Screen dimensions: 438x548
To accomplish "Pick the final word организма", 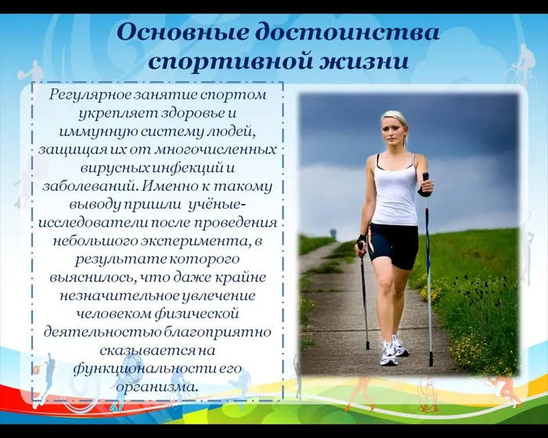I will coord(157,386).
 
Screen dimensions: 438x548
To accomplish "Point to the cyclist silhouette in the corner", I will coord(521,66).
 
